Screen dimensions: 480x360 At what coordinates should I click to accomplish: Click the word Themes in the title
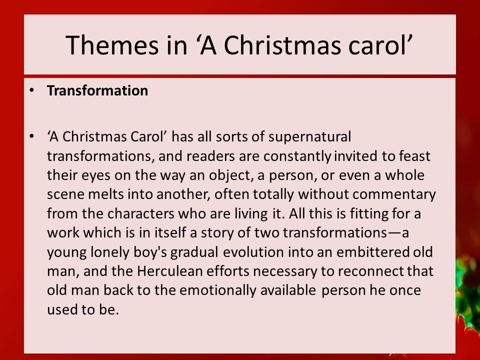[x=111, y=45]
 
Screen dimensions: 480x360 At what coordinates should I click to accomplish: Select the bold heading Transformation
[x=97, y=90]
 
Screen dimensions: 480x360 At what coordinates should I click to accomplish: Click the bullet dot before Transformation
[x=31, y=90]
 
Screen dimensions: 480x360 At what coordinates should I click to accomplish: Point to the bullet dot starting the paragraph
[x=31, y=136]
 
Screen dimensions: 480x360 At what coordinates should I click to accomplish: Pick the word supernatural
[x=310, y=137]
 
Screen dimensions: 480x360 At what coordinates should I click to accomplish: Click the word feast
[x=415, y=156]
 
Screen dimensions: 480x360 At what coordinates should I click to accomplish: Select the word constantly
[x=297, y=156]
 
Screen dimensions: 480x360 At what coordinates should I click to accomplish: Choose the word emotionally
[x=217, y=290]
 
